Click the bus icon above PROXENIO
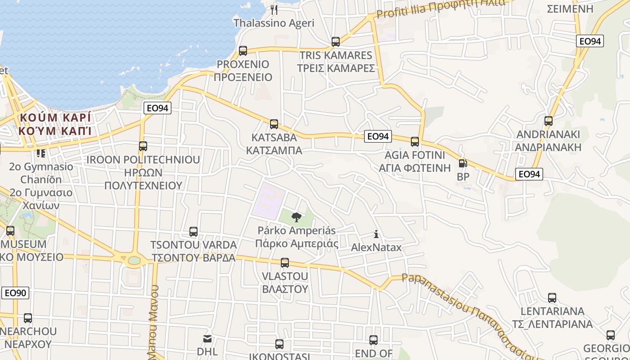pyautogui.click(x=243, y=50)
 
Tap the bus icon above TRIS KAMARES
pyautogui.click(x=336, y=42)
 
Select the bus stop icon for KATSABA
pyautogui.click(x=274, y=124)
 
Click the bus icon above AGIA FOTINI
pyautogui.click(x=415, y=142)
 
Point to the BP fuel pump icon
pyautogui.click(x=463, y=164)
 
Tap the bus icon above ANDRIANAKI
pyautogui.click(x=548, y=121)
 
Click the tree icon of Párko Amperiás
pyautogui.click(x=296, y=217)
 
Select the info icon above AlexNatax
pyautogui.click(x=376, y=234)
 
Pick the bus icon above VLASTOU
pyautogui.click(x=284, y=263)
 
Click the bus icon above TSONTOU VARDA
pyautogui.click(x=193, y=232)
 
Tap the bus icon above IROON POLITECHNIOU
pyautogui.click(x=143, y=146)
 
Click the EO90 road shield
pyautogui.click(x=15, y=293)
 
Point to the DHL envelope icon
pyautogui.click(x=207, y=338)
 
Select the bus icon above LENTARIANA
pyautogui.click(x=552, y=298)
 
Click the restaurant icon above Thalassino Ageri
pyautogui.click(x=274, y=9)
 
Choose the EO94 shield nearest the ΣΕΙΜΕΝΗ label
pyautogui.click(x=590, y=41)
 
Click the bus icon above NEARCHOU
pyautogui.click(x=28, y=318)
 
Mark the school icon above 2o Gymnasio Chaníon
pyautogui.click(x=41, y=153)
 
